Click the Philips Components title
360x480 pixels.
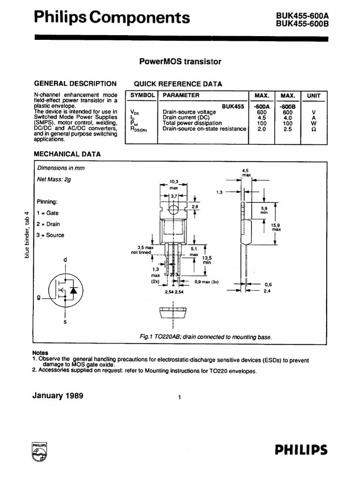coord(112,17)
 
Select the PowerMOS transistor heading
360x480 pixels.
coord(180,61)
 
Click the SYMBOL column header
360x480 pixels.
coord(142,96)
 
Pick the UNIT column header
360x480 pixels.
coord(314,96)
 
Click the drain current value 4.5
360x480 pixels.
coord(262,118)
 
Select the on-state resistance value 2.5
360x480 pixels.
coord(287,129)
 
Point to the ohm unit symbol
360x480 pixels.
coord(314,129)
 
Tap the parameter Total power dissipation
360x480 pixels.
coord(192,123)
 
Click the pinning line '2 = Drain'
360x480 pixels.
coord(48,224)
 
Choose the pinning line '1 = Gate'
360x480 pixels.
coord(48,213)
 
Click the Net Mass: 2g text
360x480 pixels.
coord(54,179)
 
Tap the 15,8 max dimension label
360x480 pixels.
coord(276,227)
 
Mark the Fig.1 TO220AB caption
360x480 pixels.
coord(206,337)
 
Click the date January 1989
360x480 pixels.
coord(58,396)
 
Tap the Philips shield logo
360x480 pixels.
coord(39,452)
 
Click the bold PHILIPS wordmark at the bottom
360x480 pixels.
coord(301,450)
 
